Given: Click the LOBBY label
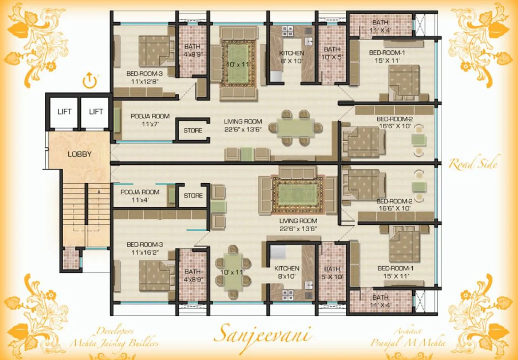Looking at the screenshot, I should pos(79,154).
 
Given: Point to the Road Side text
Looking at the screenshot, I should pos(473,163).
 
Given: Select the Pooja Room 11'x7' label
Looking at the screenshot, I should pos(150,120).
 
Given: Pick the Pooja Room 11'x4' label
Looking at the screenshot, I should pos(140,196).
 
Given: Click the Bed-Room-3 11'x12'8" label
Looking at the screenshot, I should pos(145,77).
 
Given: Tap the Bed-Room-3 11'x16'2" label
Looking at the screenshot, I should pos(145,248).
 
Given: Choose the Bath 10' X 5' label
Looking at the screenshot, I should pos(331,53).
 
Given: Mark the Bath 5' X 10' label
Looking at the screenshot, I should pos(331,273).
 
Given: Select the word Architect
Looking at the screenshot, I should pos(408,331).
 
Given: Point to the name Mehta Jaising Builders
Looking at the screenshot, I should pos(114,343).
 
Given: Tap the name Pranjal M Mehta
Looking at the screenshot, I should pos(408,343).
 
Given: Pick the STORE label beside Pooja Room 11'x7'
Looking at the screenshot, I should pos(193,131).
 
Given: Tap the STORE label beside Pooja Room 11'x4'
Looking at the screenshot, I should pos(193,196).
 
